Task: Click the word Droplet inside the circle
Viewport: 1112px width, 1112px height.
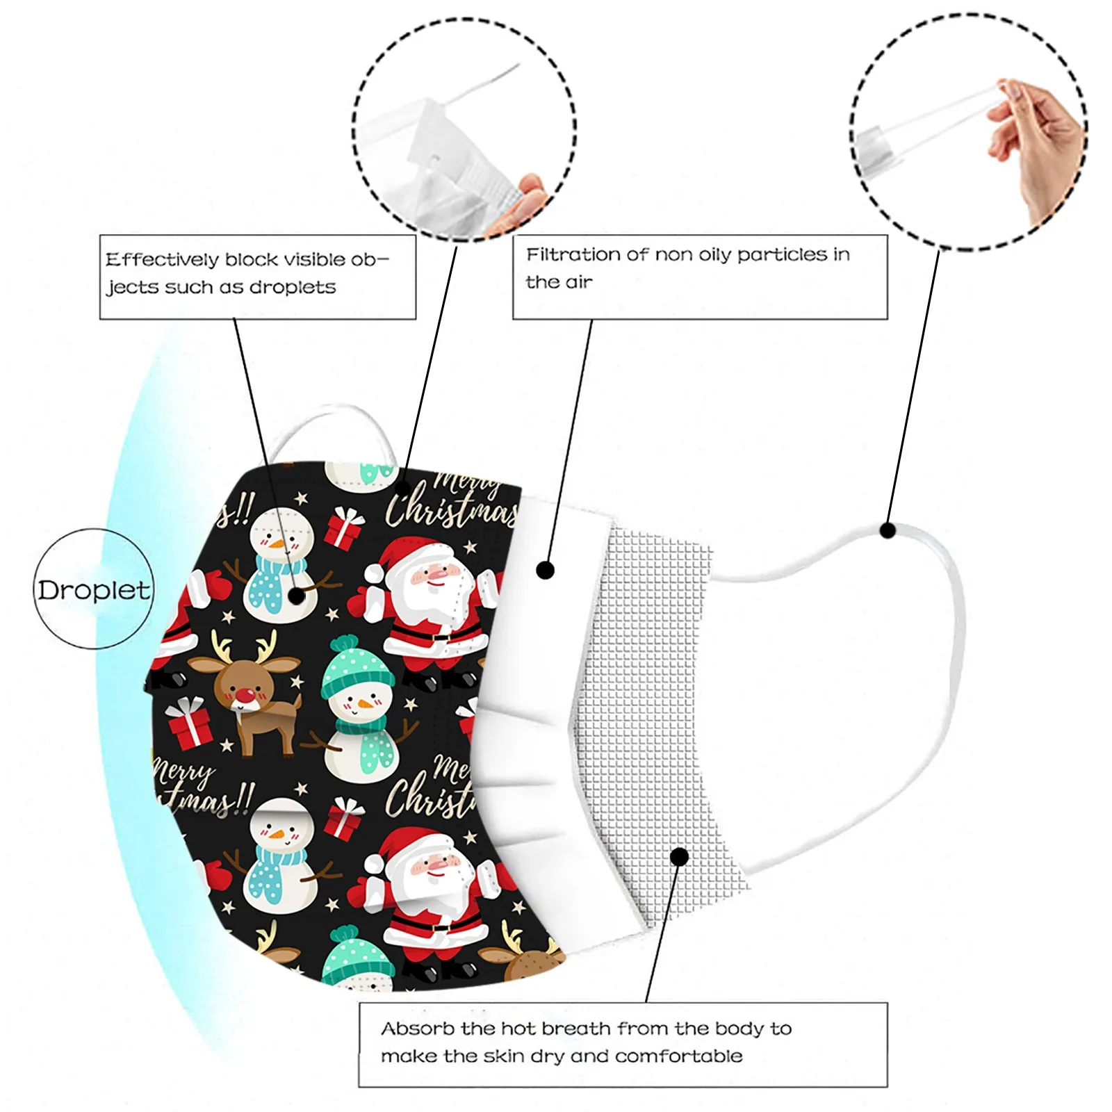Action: [x=94, y=590]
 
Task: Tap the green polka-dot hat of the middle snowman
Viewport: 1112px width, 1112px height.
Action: [x=357, y=665]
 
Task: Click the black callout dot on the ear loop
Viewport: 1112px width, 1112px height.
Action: [x=887, y=530]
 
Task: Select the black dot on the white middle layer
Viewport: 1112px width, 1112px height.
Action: [x=546, y=571]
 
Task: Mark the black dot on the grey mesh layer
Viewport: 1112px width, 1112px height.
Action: [x=679, y=856]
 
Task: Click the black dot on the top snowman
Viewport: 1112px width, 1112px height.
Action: [x=297, y=596]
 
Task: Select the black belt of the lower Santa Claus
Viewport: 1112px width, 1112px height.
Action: [x=438, y=926]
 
